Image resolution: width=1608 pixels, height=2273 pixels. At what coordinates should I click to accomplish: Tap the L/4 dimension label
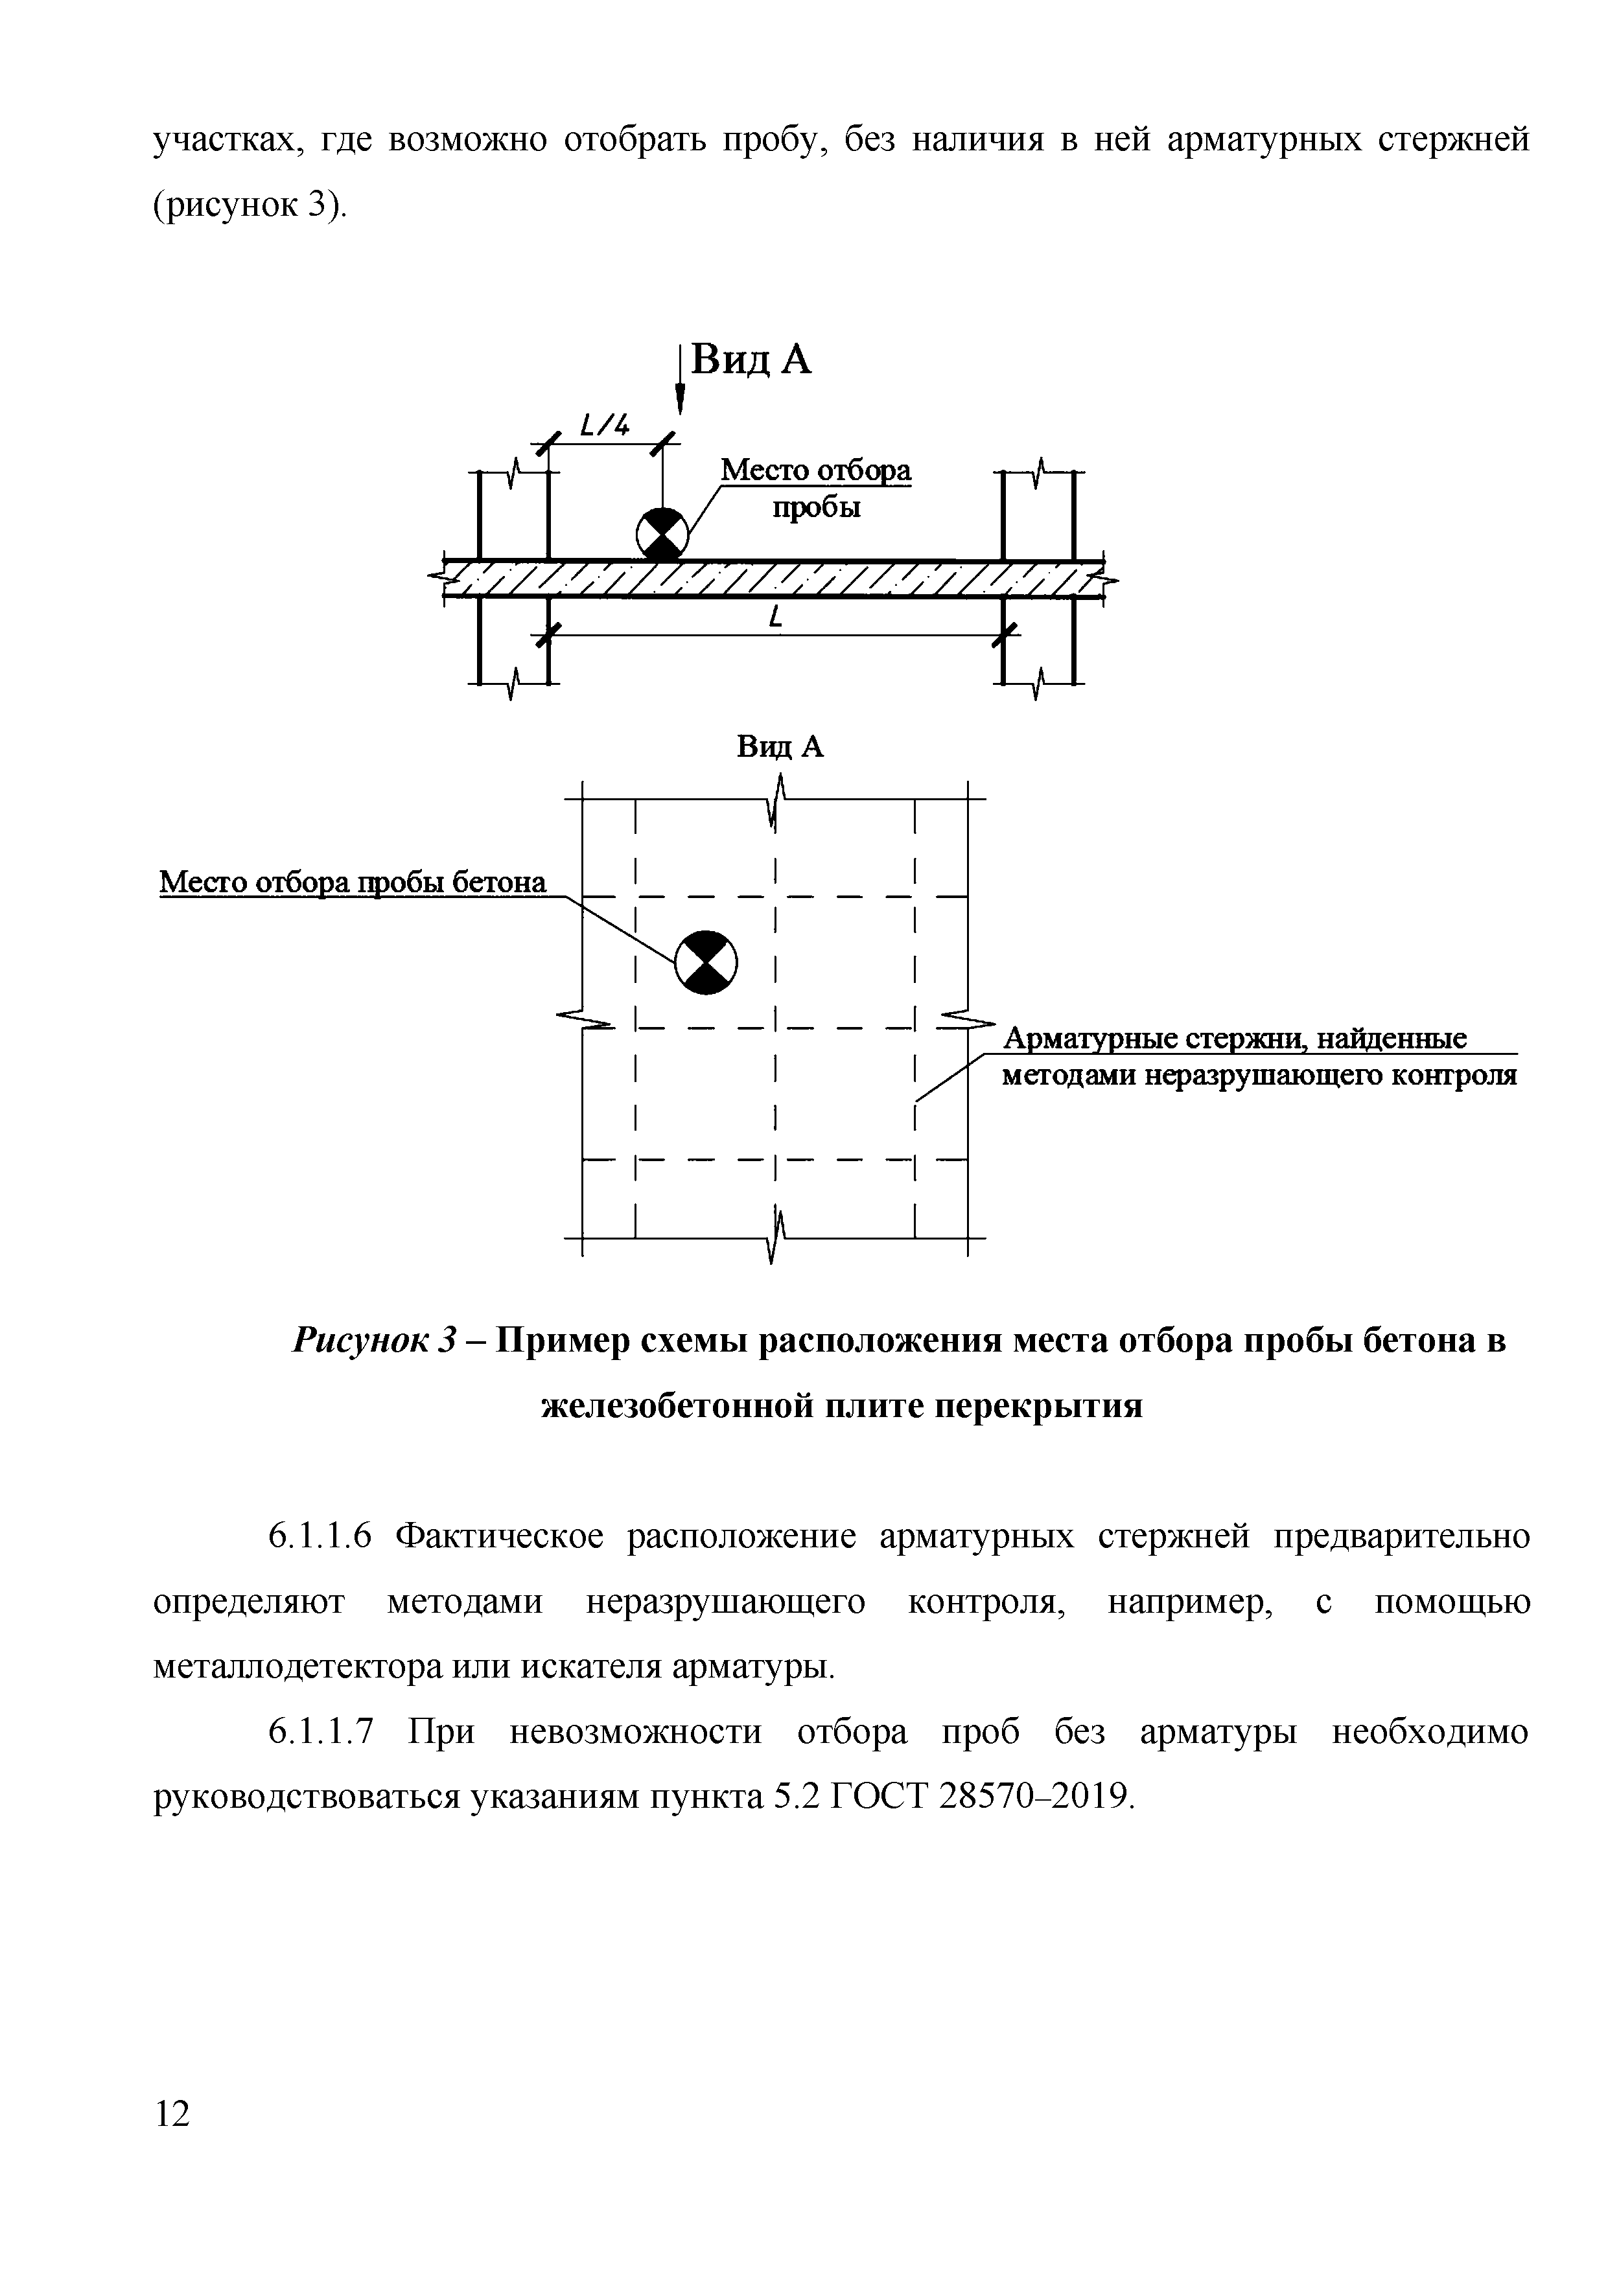tap(604, 427)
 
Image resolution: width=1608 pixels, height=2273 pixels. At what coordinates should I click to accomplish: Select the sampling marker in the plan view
tap(706, 962)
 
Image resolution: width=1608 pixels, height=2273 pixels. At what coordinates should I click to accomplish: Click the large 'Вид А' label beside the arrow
tap(751, 360)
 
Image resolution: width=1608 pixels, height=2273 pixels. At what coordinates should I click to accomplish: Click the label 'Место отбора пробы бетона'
tap(353, 881)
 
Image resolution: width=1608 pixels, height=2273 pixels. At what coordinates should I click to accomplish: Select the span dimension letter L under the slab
tap(775, 619)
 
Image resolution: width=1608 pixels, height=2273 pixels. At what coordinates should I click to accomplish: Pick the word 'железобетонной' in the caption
tap(676, 1404)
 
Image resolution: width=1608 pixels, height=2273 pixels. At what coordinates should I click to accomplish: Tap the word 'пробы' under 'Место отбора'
tap(816, 508)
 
